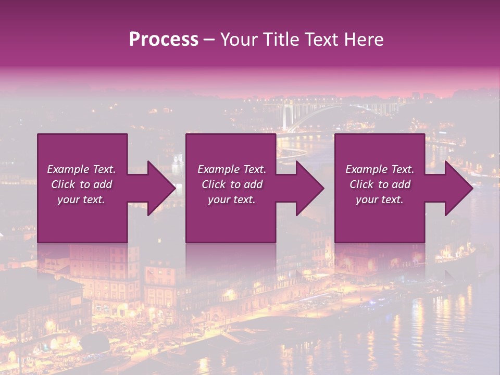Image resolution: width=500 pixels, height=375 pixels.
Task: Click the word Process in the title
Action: tap(164, 40)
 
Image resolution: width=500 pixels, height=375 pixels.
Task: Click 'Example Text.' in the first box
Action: tap(81, 169)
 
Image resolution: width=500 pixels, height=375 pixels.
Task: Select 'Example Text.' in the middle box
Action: tap(232, 169)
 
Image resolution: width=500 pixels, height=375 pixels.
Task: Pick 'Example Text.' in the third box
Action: tap(380, 169)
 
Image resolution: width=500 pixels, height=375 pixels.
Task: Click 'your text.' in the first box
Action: tap(81, 199)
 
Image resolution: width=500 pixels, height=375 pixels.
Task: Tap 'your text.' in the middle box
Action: tap(232, 199)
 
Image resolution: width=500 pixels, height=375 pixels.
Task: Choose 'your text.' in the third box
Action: tap(380, 199)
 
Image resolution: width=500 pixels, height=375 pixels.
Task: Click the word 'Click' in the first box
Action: tap(63, 184)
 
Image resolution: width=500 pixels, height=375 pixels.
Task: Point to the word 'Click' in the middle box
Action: tap(214, 184)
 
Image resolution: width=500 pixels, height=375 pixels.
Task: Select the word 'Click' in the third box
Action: tap(361, 184)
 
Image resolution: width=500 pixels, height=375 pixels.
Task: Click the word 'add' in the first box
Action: tap(103, 184)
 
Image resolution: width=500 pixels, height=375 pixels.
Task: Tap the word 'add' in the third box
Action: tap(401, 184)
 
